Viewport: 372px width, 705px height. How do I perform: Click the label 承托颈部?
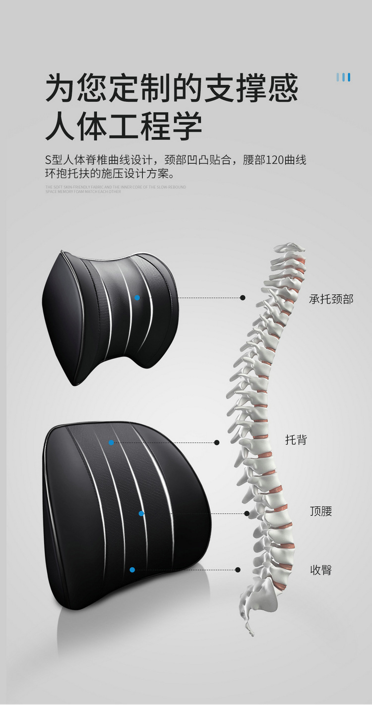[331, 299]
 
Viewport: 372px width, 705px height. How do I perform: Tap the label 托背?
[296, 439]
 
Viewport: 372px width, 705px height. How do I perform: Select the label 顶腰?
[321, 511]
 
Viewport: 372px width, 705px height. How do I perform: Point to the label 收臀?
[321, 570]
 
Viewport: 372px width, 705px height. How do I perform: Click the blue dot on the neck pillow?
[137, 297]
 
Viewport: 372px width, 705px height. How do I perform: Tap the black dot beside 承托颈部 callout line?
[243, 298]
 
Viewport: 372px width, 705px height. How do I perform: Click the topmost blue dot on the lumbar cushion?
[112, 442]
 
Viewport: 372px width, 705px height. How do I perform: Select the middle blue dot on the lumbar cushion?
[141, 514]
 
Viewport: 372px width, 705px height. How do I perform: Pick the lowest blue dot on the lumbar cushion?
[132, 570]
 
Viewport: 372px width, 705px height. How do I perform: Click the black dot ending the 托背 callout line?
[217, 442]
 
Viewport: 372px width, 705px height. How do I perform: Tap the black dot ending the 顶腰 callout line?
[247, 514]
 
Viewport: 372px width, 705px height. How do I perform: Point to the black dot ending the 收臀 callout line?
[238, 570]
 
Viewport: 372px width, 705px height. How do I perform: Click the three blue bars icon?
[343, 77]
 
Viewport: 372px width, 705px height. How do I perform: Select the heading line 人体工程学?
[124, 126]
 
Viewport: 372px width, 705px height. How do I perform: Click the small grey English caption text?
[115, 189]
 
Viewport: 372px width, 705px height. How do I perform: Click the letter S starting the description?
[48, 161]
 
